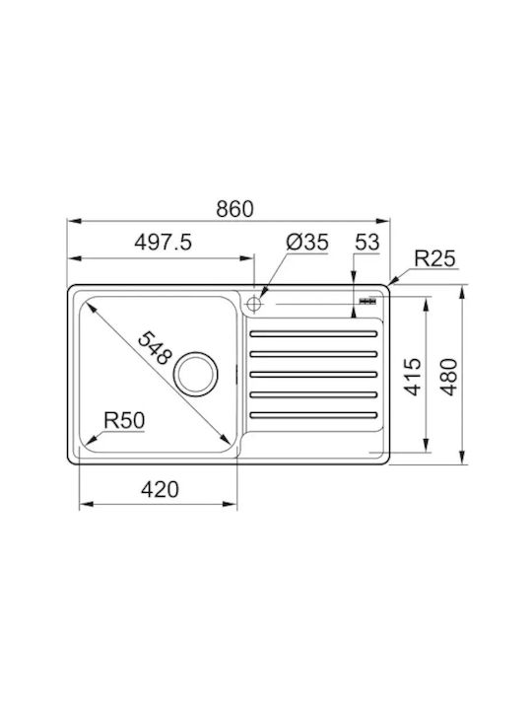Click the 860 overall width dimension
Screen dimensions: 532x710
tap(234, 209)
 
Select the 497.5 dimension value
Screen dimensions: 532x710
tap(163, 242)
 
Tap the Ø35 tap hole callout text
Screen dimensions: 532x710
tap(307, 242)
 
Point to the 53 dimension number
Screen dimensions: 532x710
tap(366, 242)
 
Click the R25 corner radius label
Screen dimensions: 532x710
tap(434, 258)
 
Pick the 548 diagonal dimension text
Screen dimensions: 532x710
tap(155, 348)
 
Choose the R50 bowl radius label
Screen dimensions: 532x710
tap(124, 420)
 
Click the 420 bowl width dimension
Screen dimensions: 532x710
tap(160, 489)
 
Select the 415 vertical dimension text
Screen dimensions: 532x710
tap(412, 377)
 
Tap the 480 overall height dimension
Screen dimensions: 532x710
tap(449, 377)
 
